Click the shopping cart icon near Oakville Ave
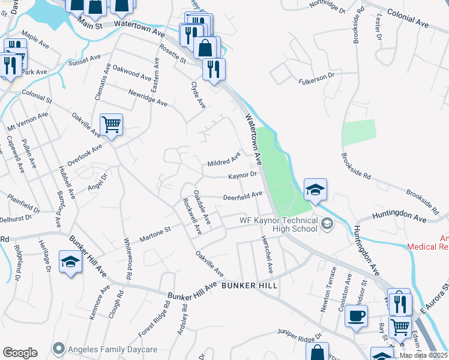coord(111,125)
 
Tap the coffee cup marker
coord(356,316)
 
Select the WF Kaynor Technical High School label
coord(279,224)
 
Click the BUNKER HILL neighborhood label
coord(249,286)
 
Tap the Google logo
coord(20,353)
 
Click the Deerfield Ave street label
coord(243,196)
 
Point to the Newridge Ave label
coord(148,97)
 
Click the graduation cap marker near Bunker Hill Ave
coord(70,262)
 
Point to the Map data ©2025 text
coord(424,355)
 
